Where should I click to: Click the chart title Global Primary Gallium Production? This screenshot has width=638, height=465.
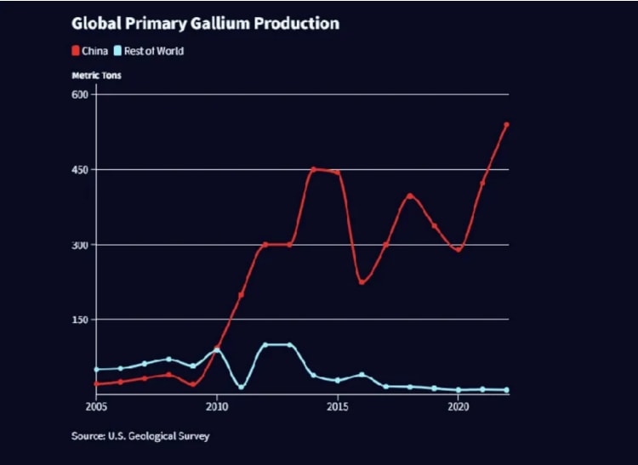[205, 24]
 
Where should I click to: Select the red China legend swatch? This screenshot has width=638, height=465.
[75, 51]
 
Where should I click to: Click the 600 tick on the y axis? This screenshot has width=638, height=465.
[81, 94]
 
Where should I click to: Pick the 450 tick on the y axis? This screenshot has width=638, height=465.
[81, 169]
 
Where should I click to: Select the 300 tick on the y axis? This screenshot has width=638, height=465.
[81, 245]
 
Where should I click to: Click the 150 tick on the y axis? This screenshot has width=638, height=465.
[81, 320]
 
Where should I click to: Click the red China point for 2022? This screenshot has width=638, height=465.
[507, 124]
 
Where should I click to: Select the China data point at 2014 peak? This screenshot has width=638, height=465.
[313, 169]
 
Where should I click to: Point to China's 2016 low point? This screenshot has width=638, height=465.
[362, 282]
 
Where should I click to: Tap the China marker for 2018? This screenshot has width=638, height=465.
[410, 196]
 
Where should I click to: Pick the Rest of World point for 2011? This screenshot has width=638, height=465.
[242, 387]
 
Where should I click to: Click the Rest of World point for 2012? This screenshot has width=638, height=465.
[265, 344]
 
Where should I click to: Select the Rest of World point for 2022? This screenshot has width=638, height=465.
[507, 390]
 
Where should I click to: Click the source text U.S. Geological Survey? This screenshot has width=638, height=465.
[140, 436]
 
